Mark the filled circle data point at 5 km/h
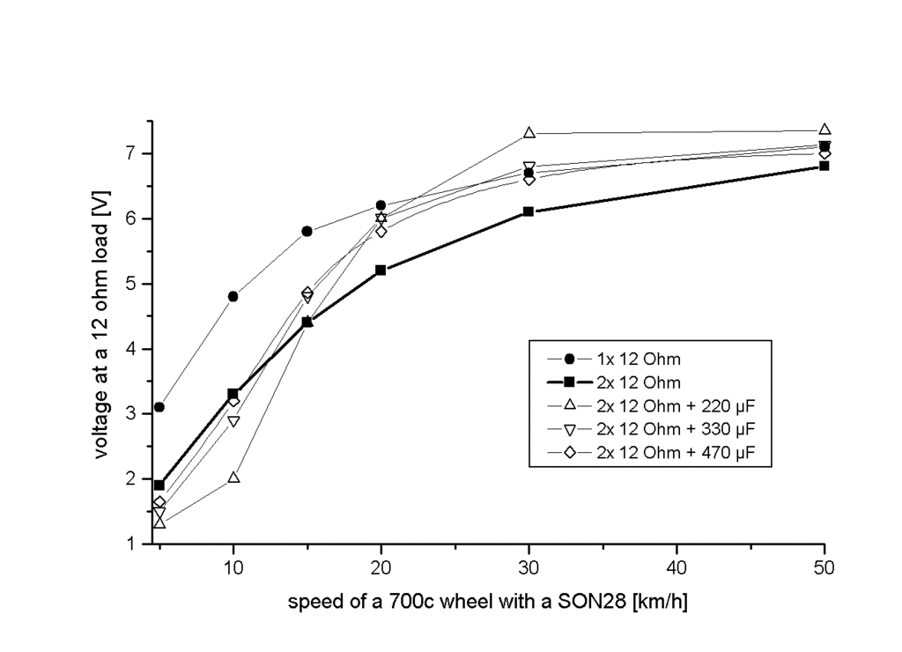159,407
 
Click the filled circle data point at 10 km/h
233,296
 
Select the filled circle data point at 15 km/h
307,231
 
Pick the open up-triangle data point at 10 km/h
233,478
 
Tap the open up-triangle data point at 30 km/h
529,133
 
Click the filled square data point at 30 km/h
529,211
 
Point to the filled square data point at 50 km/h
824,166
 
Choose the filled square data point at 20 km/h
381,270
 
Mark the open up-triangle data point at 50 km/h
824,130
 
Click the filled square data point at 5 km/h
159,485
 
